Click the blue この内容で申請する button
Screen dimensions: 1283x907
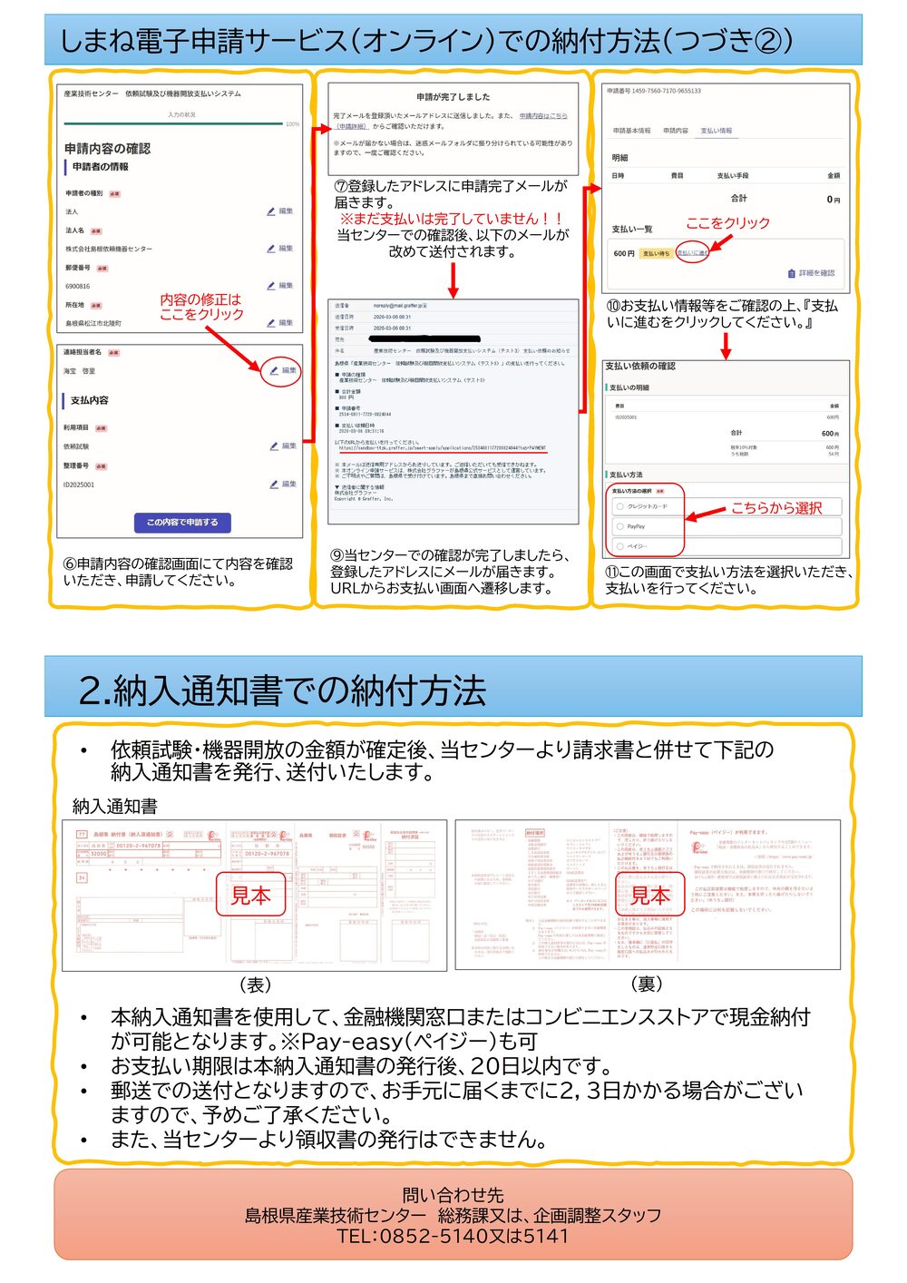click(182, 522)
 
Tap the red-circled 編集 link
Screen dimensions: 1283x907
click(282, 370)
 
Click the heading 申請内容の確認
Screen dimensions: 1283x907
click(107, 148)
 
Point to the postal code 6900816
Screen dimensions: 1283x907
click(77, 286)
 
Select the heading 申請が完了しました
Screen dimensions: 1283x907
click(453, 96)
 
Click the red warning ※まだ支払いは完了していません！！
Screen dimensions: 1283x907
click(453, 219)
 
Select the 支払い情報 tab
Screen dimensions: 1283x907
click(716, 131)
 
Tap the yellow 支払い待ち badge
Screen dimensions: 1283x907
click(656, 253)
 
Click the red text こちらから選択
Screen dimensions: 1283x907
click(776, 508)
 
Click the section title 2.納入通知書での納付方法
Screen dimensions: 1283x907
click(282, 690)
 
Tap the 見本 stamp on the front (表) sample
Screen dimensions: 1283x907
click(251, 895)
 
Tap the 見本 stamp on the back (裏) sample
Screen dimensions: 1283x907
click(650, 895)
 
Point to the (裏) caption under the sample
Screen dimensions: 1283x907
click(647, 984)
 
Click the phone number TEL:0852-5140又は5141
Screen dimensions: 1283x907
click(453, 1236)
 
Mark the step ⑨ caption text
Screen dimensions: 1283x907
click(450, 572)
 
